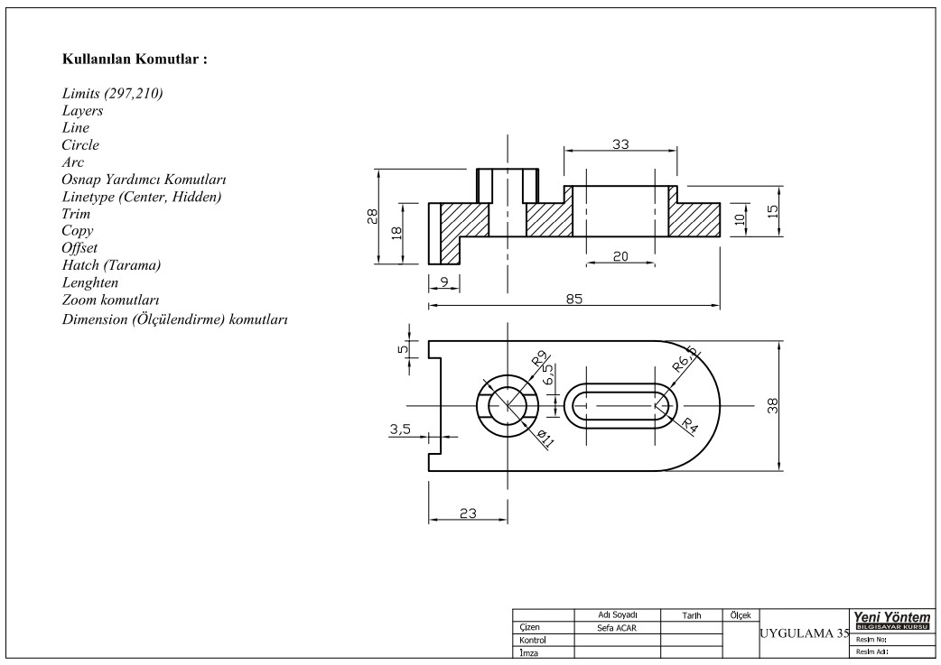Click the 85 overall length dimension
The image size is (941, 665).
573,300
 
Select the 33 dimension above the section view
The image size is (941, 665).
620,143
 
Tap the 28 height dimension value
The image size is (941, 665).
371,217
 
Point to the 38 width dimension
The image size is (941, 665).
772,406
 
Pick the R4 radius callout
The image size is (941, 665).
689,426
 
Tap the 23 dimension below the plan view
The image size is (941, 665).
467,513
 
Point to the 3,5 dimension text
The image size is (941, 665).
400,430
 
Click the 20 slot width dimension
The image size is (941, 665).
620,256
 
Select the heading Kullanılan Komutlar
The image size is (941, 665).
135,60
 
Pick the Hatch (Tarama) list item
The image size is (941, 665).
111,265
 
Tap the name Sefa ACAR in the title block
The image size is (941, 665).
618,628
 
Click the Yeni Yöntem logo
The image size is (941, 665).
891,620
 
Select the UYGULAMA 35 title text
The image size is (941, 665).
804,633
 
